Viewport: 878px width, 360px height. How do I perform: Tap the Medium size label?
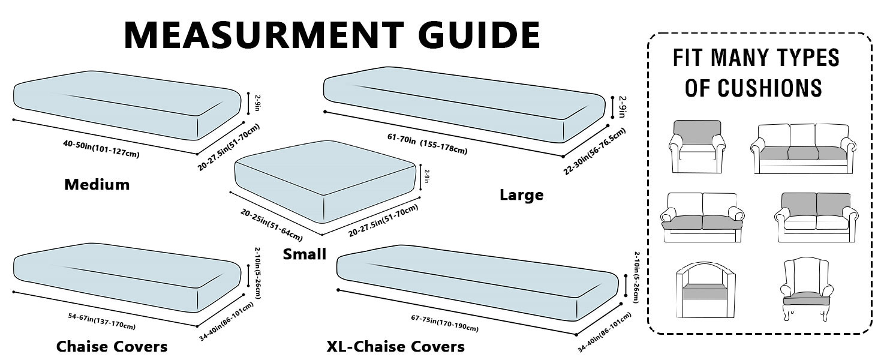tap(97, 185)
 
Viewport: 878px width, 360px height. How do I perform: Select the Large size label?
tap(521, 194)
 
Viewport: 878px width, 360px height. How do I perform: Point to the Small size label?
tap(305, 254)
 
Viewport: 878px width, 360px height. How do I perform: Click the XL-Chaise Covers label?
tap(395, 346)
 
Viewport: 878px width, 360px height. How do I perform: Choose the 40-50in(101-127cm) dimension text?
tap(101, 149)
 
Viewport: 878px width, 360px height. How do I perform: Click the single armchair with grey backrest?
tap(696, 146)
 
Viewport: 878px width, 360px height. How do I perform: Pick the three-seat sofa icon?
tap(802, 149)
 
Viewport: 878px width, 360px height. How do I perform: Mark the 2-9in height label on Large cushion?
tap(623, 106)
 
